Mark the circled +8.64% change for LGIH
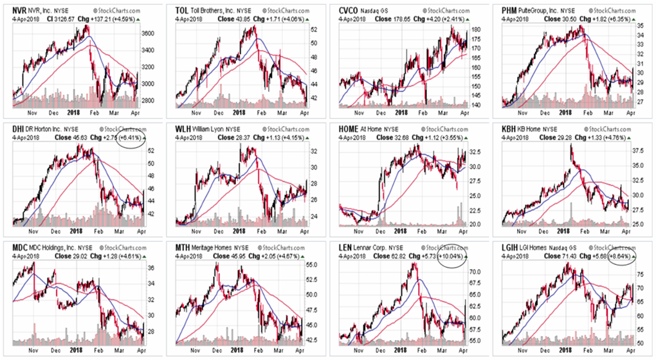(x=621, y=255)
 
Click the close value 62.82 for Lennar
(x=388, y=255)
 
